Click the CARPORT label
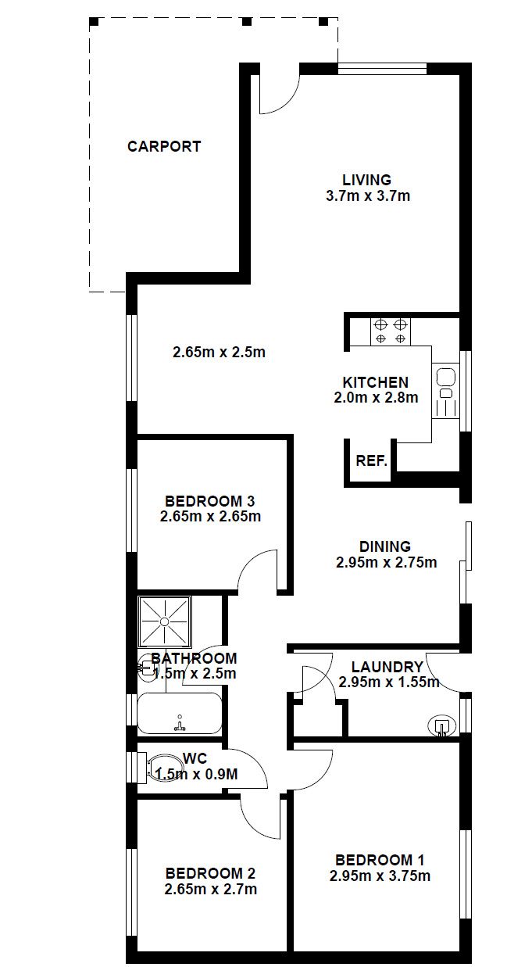(164, 146)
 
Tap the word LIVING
(366, 180)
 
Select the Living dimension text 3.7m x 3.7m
(368, 196)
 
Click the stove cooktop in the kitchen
(391, 331)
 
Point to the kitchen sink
(445, 391)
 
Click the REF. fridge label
(371, 460)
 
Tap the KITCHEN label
(376, 382)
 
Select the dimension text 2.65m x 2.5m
(219, 353)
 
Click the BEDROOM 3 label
(210, 501)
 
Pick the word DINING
(385, 546)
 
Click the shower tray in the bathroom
(164, 621)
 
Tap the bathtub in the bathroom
(180, 713)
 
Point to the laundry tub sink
(441, 726)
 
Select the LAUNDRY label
(387, 667)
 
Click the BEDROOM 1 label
(380, 860)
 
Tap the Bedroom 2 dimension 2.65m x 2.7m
(211, 889)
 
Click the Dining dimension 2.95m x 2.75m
(387, 563)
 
